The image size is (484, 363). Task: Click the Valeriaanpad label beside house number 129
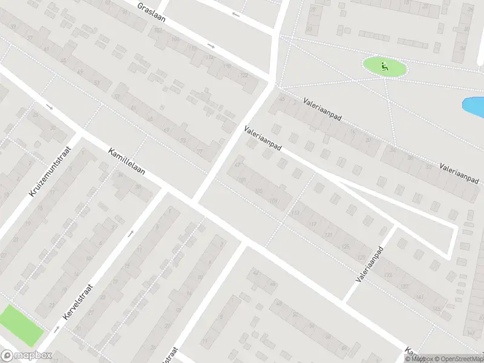pos(370,264)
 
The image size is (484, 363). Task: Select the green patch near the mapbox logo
pos(21,324)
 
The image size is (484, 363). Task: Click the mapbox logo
pos(25,356)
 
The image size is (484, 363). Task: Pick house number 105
pos(259,192)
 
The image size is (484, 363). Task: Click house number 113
pos(295,213)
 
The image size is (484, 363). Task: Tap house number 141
pos(419,296)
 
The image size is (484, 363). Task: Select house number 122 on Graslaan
pos(244,75)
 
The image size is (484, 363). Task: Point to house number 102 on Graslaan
pos(175,39)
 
